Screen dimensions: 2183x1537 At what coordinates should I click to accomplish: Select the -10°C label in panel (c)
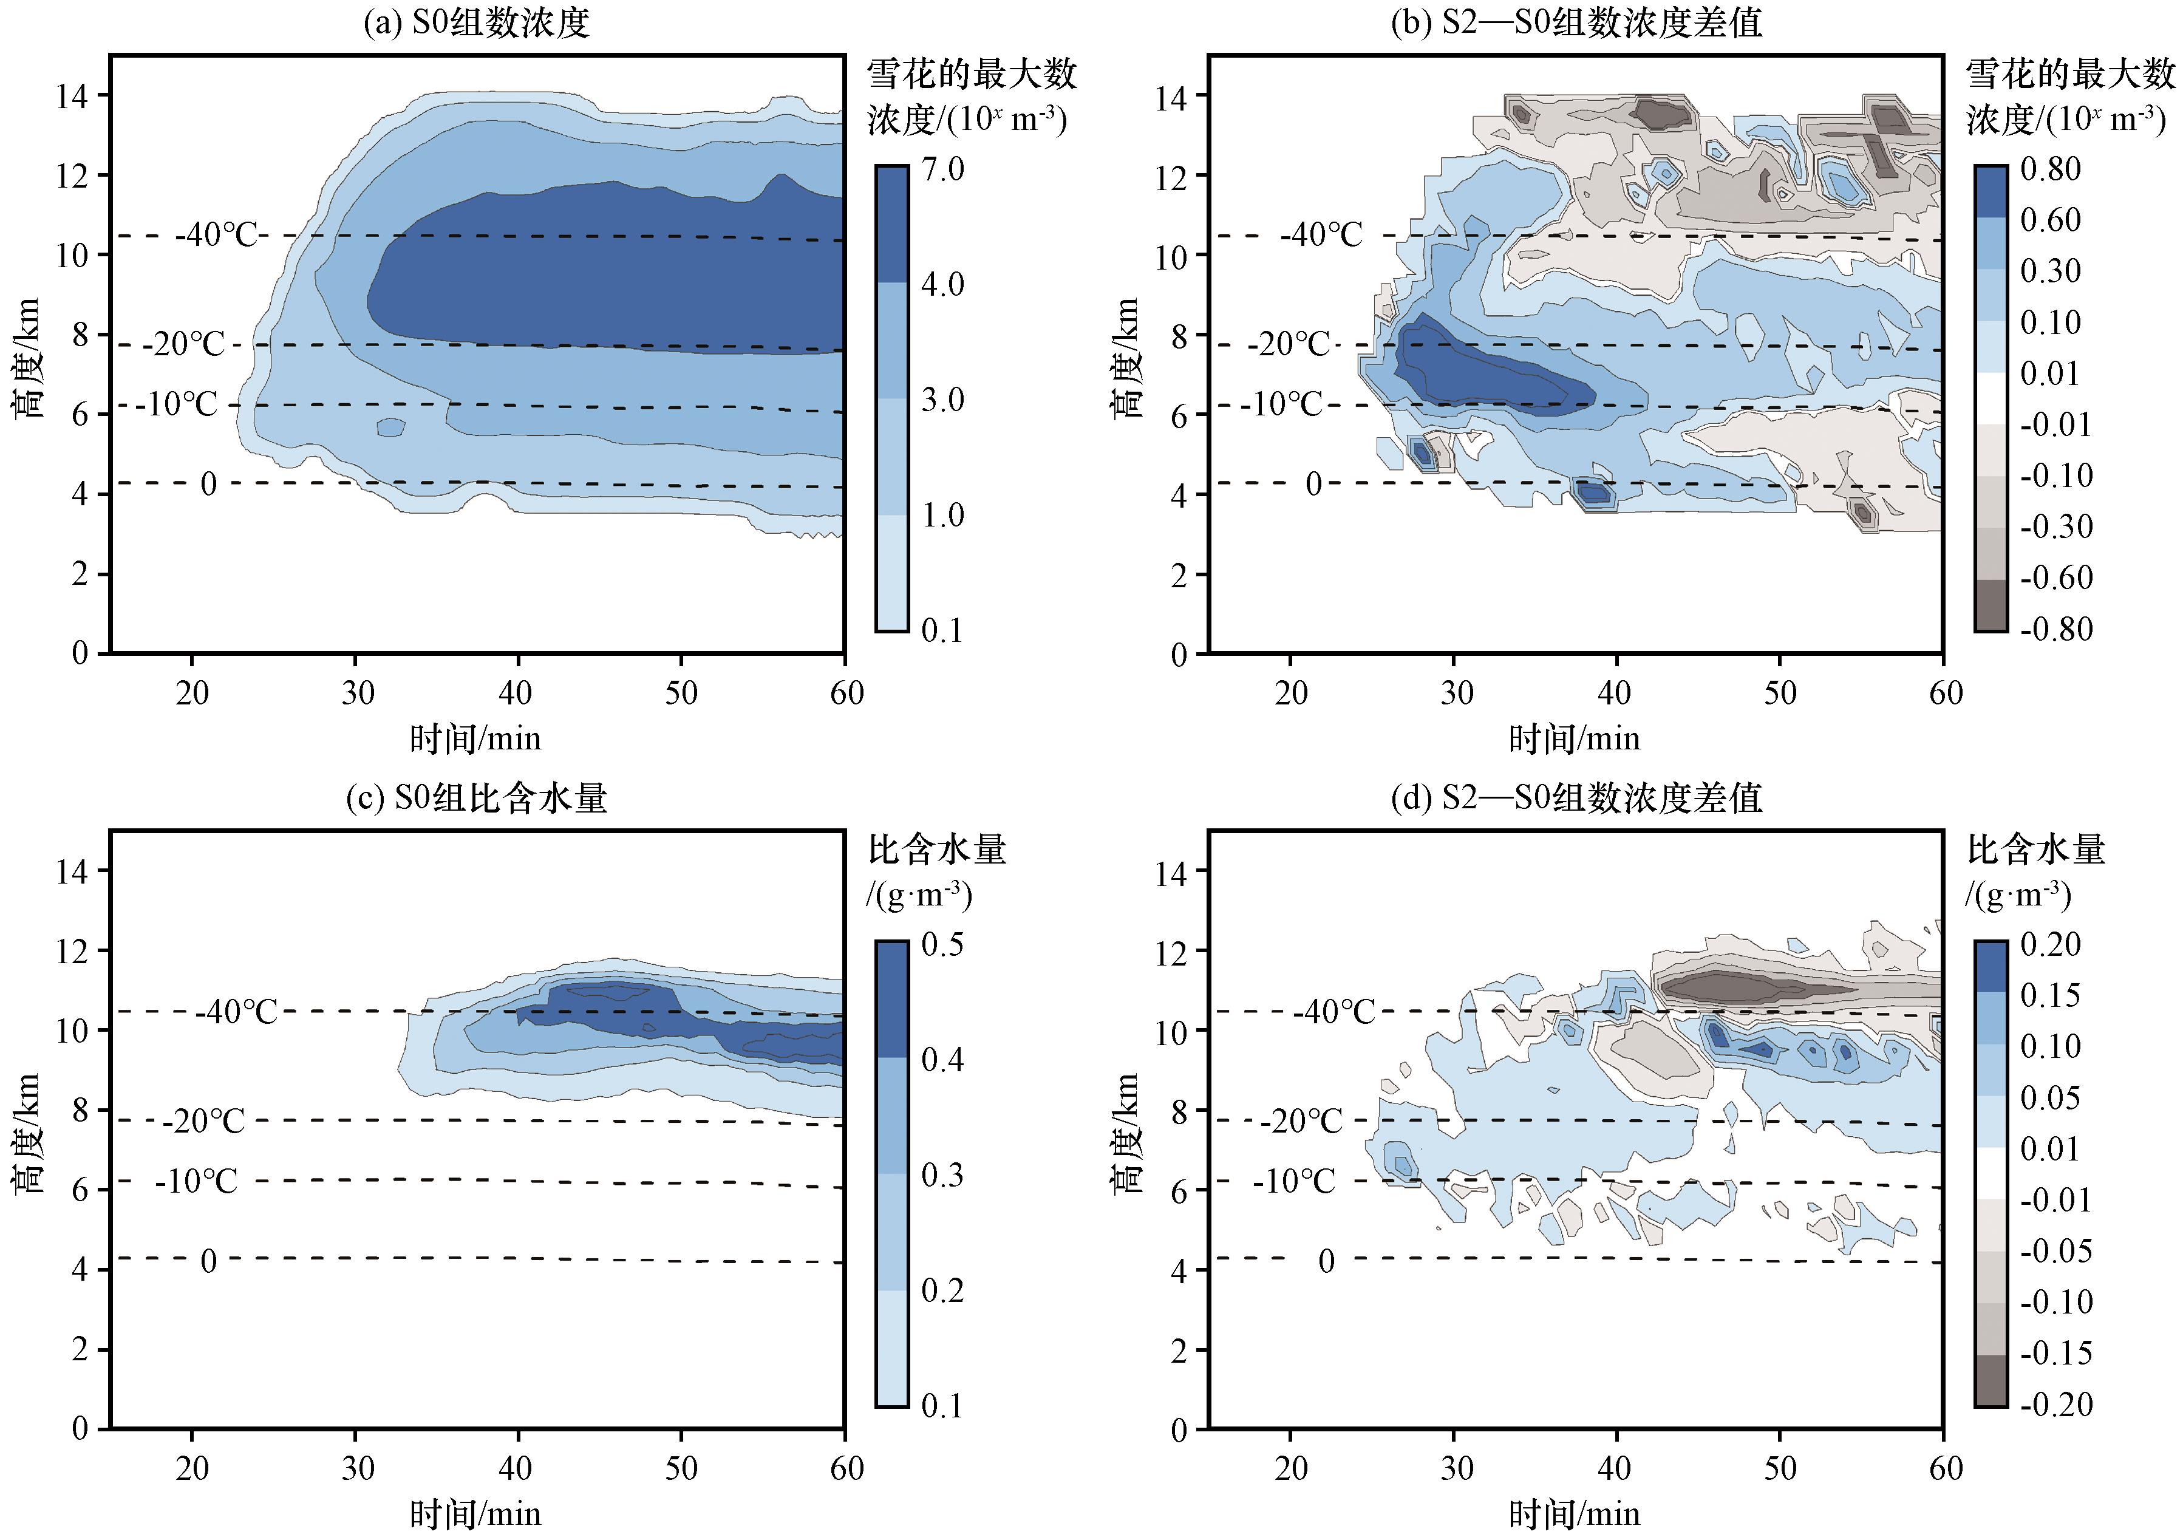pos(196,1181)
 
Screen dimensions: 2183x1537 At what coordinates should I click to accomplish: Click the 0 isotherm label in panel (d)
pos(1326,1261)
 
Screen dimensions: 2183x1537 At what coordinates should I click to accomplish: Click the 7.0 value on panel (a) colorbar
pos(942,169)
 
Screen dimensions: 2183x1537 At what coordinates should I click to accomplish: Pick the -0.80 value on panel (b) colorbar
pos(2057,629)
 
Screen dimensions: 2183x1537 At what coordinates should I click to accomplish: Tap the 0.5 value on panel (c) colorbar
pos(942,944)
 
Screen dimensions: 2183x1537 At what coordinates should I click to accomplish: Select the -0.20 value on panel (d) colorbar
pos(2057,1404)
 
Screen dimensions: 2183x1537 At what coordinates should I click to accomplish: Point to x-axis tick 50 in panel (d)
pos(1780,1468)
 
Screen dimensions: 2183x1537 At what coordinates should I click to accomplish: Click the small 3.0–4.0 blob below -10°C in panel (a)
pos(391,428)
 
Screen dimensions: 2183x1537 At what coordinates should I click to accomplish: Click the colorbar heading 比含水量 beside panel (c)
pos(938,850)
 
